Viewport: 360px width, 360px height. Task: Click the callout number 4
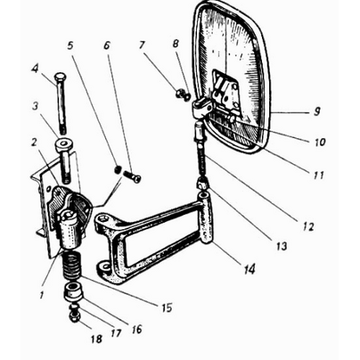pyautogui.click(x=36, y=70)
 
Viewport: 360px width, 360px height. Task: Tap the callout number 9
pyautogui.click(x=317, y=111)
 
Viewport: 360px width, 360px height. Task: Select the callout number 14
pyautogui.click(x=250, y=269)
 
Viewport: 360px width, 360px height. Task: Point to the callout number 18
pyautogui.click(x=97, y=339)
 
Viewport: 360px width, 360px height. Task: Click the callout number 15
pyautogui.click(x=167, y=307)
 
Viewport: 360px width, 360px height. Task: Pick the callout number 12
pyautogui.click(x=308, y=226)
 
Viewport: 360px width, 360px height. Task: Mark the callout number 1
pyautogui.click(x=42, y=294)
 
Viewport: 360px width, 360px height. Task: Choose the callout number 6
pyautogui.click(x=107, y=45)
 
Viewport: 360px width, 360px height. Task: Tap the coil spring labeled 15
pyautogui.click(x=72, y=266)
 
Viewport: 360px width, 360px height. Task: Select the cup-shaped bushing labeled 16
pyautogui.click(x=73, y=292)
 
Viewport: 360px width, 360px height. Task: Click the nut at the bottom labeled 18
pyautogui.click(x=73, y=318)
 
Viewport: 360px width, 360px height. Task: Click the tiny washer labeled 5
pyautogui.click(x=118, y=169)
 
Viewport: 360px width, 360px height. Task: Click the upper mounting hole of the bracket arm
pyautogui.click(x=103, y=219)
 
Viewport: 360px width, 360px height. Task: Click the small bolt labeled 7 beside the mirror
pyautogui.click(x=179, y=94)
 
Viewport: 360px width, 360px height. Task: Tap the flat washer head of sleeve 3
pyautogui.click(x=63, y=144)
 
